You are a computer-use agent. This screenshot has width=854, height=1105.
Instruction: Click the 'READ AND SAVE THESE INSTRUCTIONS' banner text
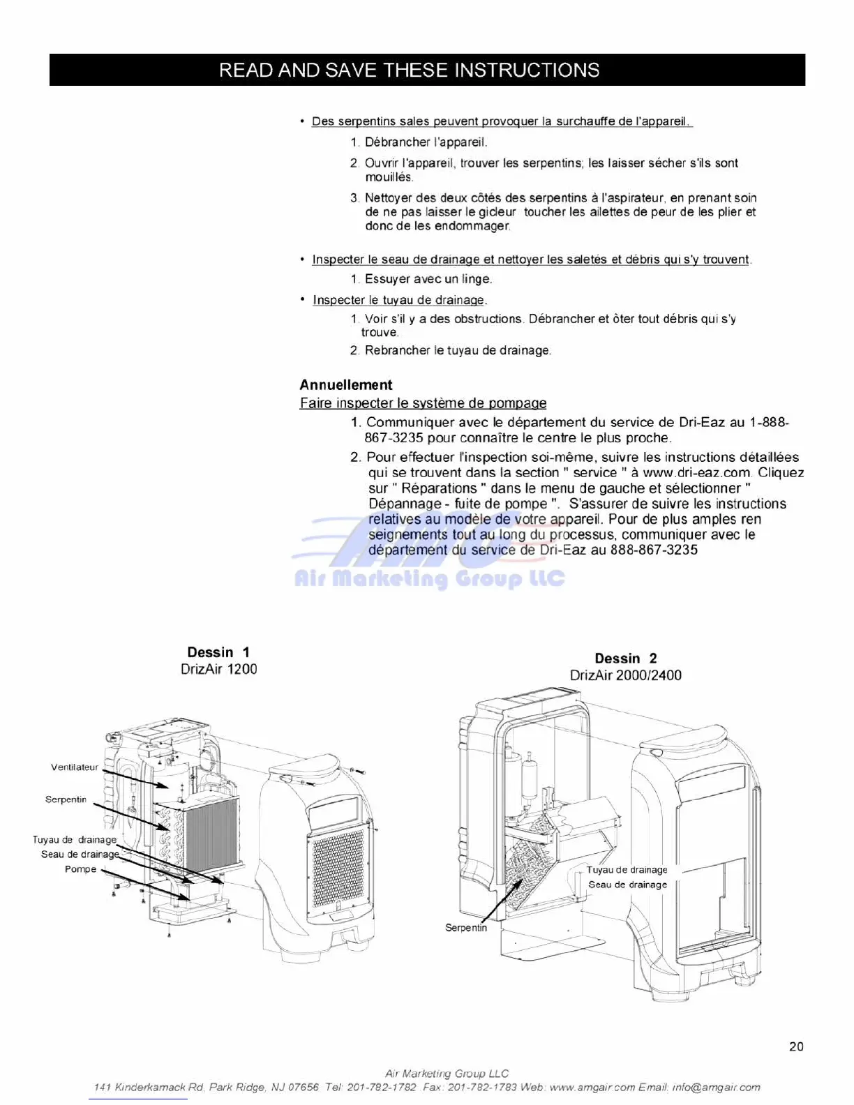(x=409, y=70)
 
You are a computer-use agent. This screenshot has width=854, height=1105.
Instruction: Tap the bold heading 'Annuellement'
(x=346, y=385)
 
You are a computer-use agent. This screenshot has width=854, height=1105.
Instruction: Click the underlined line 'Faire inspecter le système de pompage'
(x=423, y=403)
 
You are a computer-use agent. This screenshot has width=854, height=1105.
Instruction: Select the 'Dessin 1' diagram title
(x=218, y=652)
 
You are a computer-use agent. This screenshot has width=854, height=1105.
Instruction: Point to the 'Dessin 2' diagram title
(x=625, y=659)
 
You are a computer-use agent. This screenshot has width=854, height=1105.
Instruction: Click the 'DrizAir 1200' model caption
(x=218, y=669)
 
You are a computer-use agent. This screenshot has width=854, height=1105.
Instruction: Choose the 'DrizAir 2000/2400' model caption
(x=625, y=675)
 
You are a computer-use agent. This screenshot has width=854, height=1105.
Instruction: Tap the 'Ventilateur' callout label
(x=75, y=767)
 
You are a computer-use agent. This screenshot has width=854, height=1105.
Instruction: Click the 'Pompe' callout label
(x=81, y=869)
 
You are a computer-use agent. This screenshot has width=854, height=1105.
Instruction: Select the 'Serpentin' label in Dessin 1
(x=66, y=799)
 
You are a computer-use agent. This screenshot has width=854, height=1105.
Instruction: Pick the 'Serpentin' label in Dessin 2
(x=466, y=928)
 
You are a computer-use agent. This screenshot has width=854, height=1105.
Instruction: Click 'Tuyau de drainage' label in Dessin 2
(x=627, y=870)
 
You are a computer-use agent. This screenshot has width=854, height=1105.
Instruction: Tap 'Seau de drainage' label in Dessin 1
(x=80, y=855)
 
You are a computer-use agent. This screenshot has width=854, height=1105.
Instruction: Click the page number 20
(x=796, y=1046)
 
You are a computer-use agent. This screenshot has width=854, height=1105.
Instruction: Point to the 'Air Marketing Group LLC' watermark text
(x=429, y=579)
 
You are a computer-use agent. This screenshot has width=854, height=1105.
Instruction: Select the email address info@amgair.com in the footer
(x=717, y=1087)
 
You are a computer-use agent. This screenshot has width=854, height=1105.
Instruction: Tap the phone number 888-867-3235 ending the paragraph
(x=654, y=550)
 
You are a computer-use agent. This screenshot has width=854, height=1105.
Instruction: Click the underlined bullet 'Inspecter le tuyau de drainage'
(x=398, y=300)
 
